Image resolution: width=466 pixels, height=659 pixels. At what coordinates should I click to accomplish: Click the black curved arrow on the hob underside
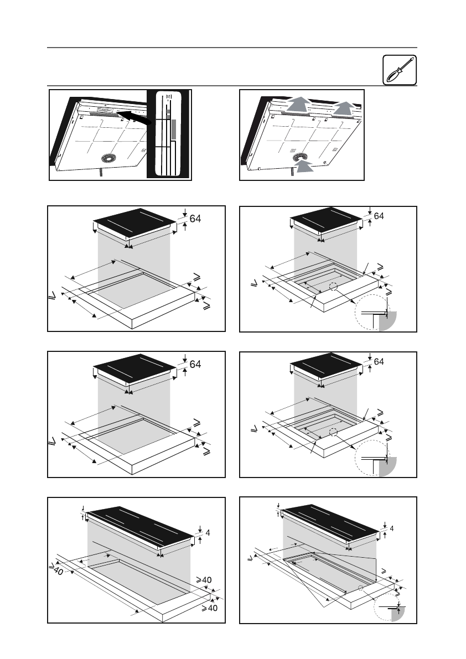(x=134, y=117)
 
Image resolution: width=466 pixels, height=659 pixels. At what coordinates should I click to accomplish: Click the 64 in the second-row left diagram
(x=196, y=219)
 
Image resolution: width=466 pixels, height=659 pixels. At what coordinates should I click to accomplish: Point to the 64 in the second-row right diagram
(x=379, y=216)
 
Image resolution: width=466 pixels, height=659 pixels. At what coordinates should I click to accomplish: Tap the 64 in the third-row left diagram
(x=196, y=364)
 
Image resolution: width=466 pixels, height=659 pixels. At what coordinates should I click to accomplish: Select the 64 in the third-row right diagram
(x=379, y=362)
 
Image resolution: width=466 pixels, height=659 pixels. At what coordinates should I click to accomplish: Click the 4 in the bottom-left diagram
(x=207, y=533)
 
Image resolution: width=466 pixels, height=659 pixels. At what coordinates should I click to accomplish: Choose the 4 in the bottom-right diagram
(x=391, y=528)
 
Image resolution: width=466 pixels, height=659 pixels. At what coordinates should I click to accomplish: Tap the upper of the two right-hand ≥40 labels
(x=205, y=579)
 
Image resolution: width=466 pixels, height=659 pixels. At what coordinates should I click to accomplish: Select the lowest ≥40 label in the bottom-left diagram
(x=208, y=609)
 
